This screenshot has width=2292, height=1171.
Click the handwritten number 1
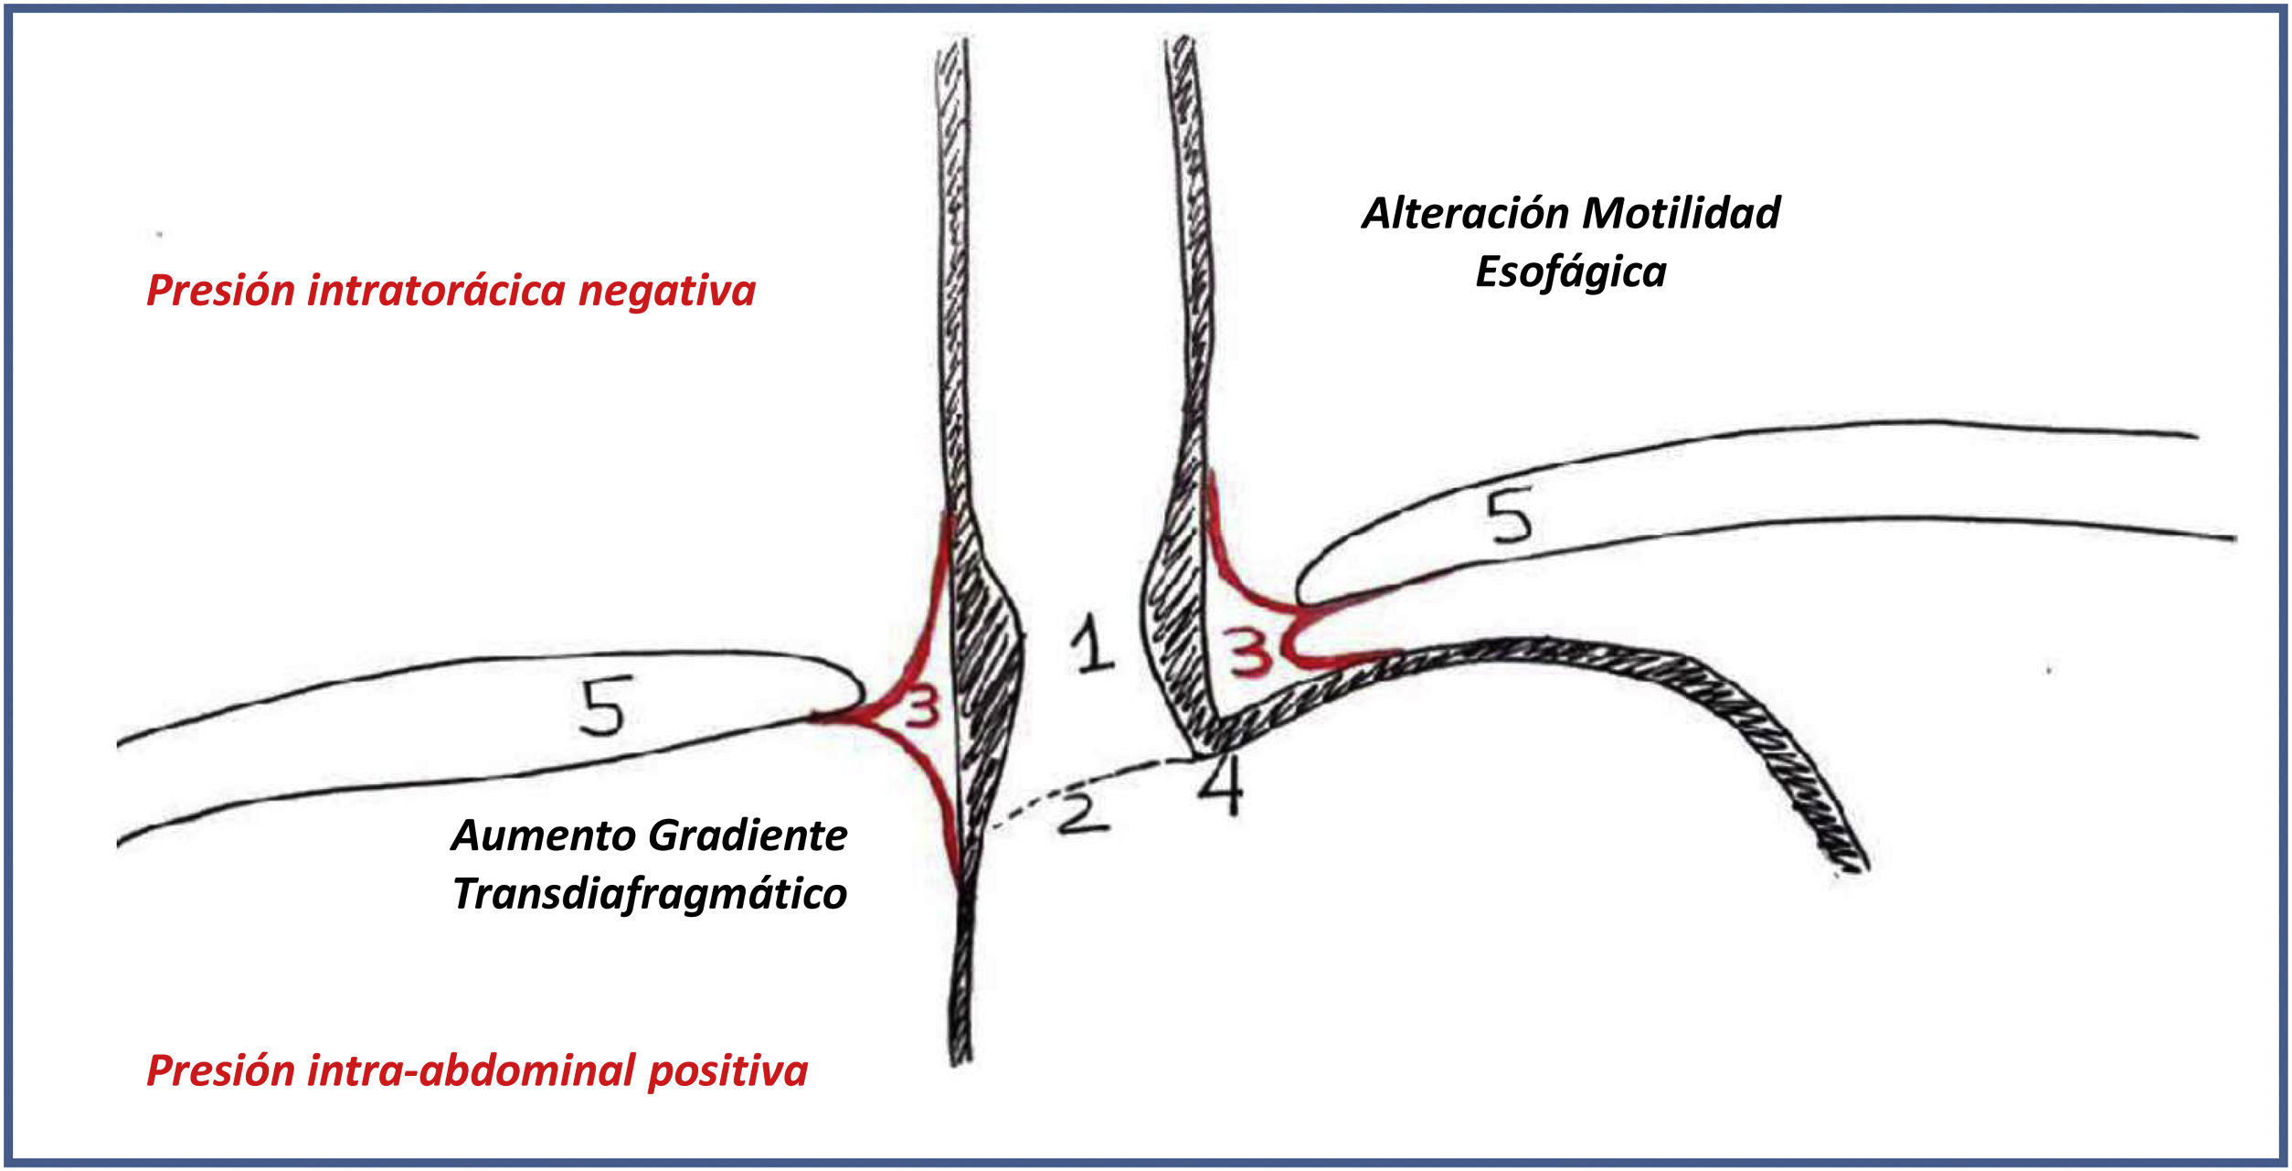point(1092,644)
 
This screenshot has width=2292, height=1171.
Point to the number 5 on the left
point(604,707)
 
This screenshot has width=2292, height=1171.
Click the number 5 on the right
point(1509,516)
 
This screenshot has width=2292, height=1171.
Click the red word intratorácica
point(436,291)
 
